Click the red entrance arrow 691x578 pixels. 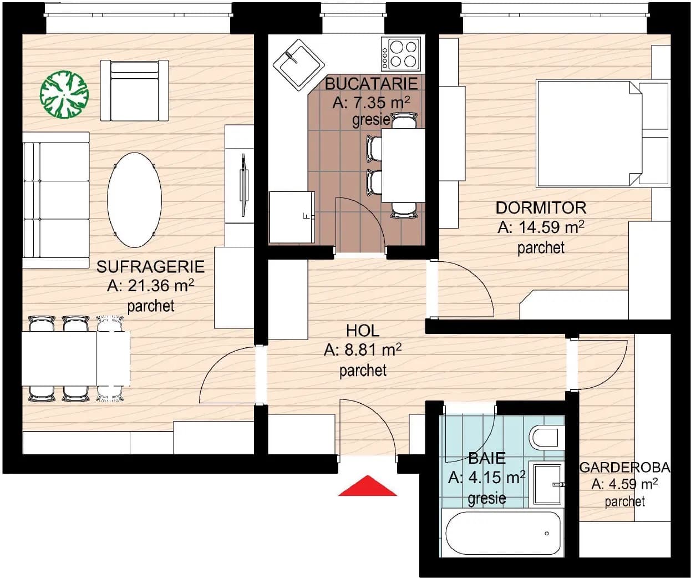click(368, 486)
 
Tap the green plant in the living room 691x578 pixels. click(64, 94)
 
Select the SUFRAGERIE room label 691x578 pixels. click(150, 267)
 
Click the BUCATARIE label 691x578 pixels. click(371, 84)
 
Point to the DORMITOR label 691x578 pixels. click(541, 208)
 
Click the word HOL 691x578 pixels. click(363, 331)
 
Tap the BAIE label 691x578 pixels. click(487, 458)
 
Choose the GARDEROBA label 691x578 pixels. click(624, 468)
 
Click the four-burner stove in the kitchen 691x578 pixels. click(401, 54)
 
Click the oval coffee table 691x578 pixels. click(134, 200)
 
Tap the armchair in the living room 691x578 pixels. click(134, 90)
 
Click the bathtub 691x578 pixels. click(502, 533)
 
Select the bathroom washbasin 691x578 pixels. click(546, 484)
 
